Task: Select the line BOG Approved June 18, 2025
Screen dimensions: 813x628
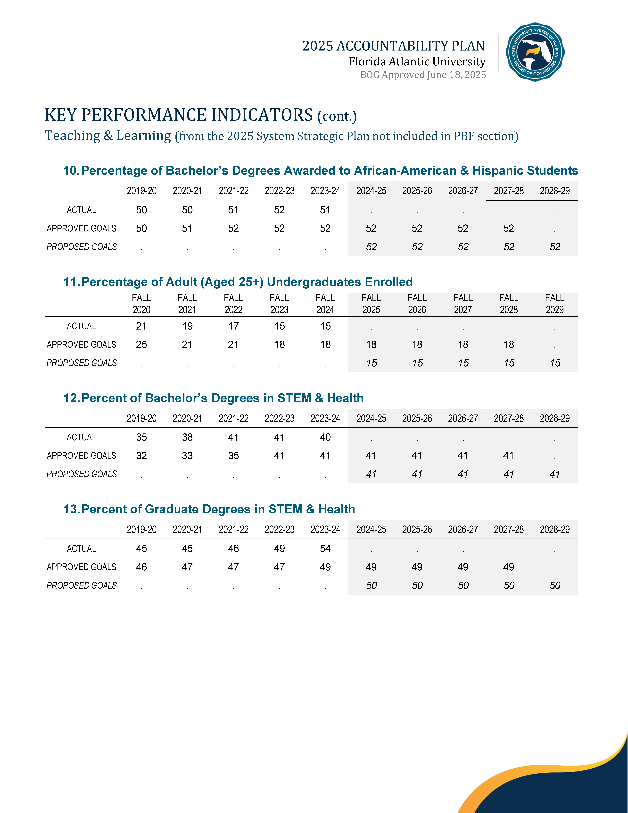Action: click(423, 75)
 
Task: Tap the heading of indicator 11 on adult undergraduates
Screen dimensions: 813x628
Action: click(238, 282)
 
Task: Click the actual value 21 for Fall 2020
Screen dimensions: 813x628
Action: click(141, 326)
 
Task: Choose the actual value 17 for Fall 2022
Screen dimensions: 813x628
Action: click(233, 326)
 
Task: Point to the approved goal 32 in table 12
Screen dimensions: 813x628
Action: click(141, 456)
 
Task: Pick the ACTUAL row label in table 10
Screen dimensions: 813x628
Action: click(82, 210)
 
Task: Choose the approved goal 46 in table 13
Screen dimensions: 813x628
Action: click(141, 567)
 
